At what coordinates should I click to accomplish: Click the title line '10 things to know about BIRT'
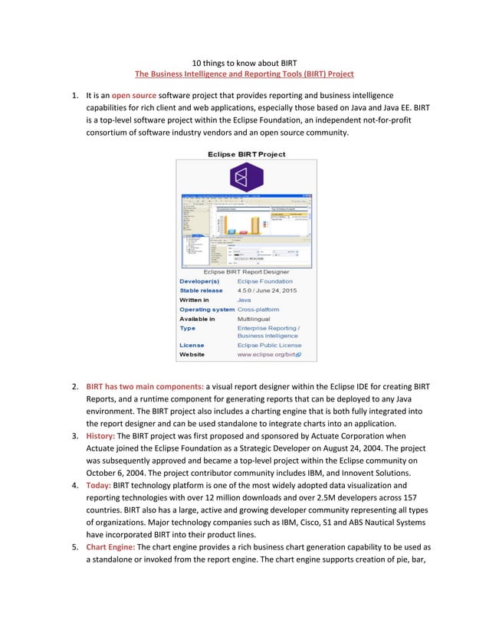[244, 62]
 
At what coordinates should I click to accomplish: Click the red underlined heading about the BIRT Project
[244, 74]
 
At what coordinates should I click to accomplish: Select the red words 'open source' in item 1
[134, 96]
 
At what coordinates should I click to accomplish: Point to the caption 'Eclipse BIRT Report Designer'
[246, 271]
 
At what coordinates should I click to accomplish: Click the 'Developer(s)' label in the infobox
[199, 281]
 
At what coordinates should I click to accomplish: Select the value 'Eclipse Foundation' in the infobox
[264, 281]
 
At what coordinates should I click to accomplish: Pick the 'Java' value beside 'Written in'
[244, 300]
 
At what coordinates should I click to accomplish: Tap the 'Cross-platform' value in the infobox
[258, 310]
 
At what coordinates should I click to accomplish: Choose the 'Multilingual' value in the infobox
[254, 319]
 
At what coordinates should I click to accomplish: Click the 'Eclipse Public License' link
[269, 346]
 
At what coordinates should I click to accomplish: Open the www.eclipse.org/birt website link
[268, 355]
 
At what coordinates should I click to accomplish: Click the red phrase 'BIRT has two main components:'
[145, 386]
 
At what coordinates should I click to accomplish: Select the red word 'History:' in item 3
[100, 435]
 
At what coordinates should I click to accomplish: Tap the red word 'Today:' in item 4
[98, 485]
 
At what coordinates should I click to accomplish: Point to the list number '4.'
[75, 485]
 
